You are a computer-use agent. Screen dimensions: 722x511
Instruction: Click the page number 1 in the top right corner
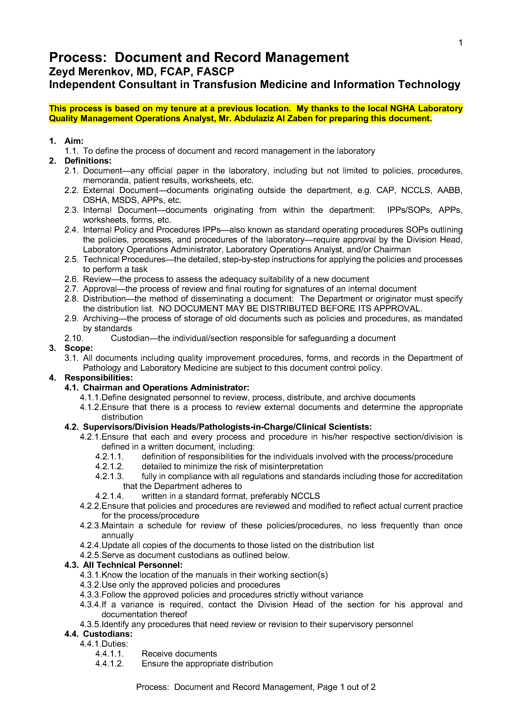(x=460, y=43)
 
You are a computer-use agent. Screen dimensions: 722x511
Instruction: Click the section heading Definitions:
(x=88, y=161)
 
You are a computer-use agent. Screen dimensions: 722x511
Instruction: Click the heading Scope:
(x=79, y=348)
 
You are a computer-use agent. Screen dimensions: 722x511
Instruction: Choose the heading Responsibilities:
(x=98, y=378)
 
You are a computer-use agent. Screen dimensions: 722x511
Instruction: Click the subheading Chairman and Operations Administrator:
(x=166, y=388)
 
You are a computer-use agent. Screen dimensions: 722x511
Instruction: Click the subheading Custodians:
(x=108, y=634)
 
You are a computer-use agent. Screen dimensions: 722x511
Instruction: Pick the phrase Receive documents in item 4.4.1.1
(x=179, y=653)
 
